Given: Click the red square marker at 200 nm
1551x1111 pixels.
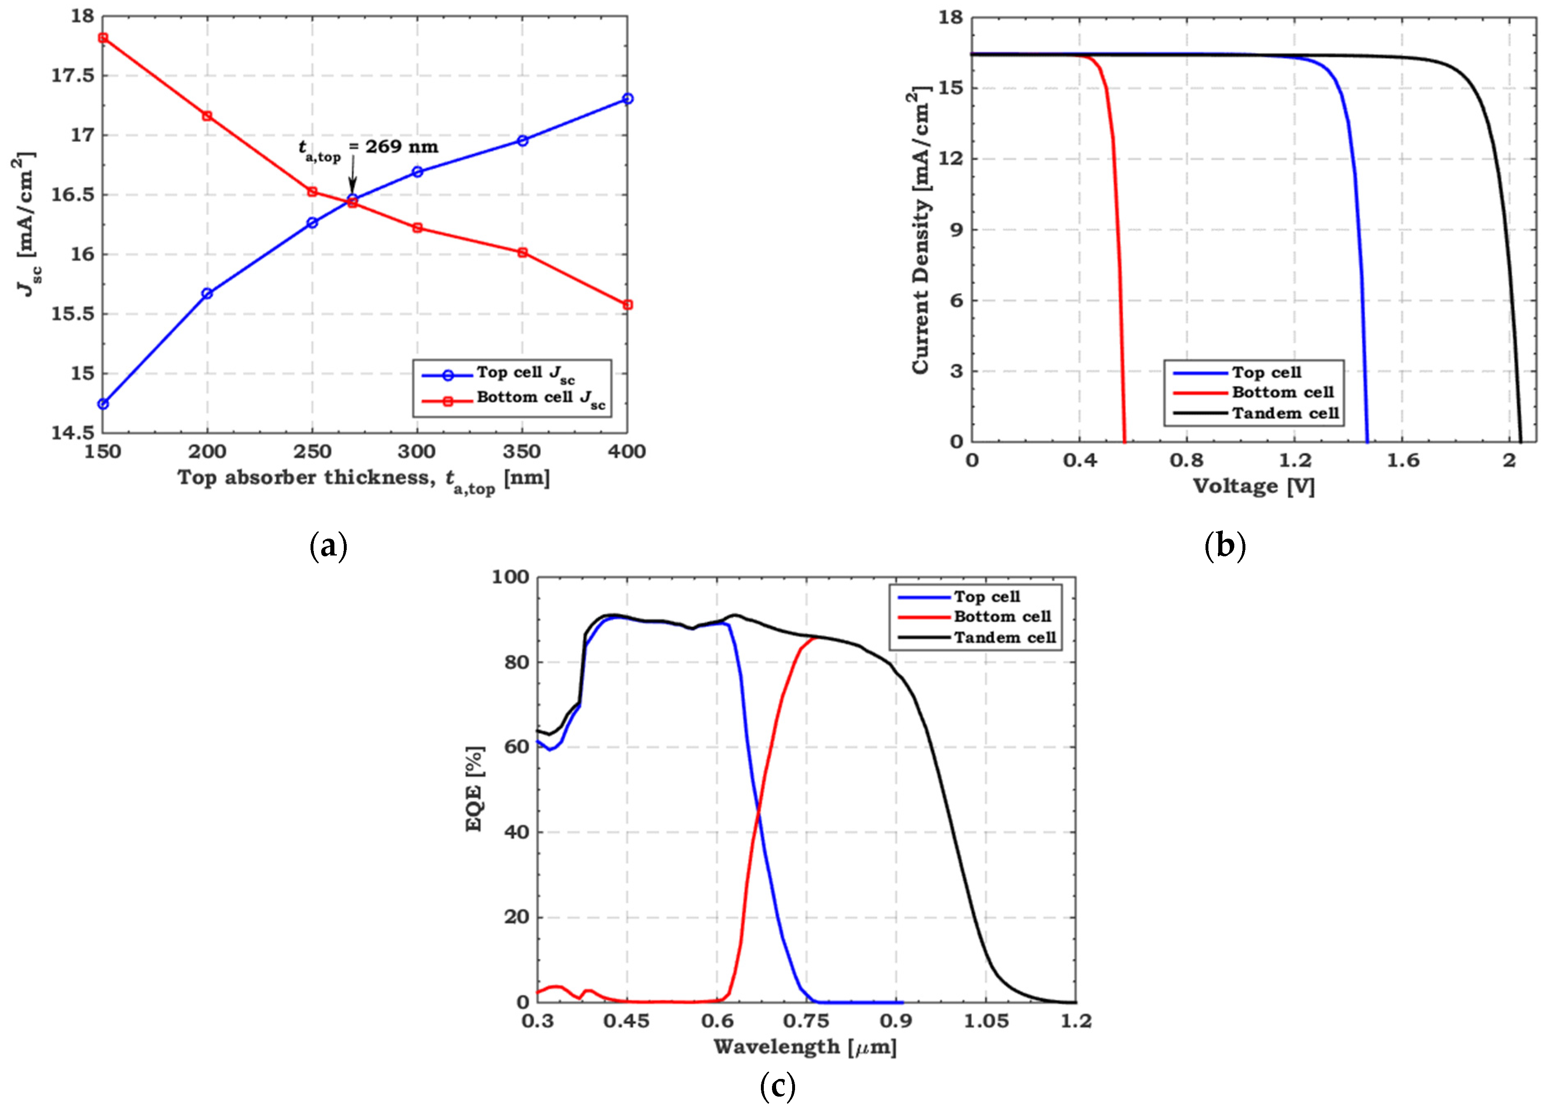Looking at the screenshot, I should coord(207,116).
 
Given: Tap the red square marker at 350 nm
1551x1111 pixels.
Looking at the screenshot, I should coord(522,252).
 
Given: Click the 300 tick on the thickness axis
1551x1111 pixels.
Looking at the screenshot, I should coord(417,452).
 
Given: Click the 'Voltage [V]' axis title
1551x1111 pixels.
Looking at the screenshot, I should coord(1254,486).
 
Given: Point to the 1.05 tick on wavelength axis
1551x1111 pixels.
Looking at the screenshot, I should coord(985,1021).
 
